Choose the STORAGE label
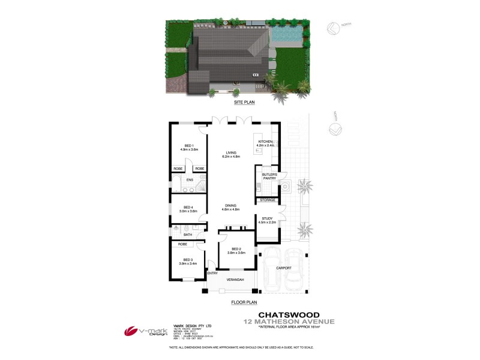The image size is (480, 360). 268,200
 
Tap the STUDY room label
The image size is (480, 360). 266,221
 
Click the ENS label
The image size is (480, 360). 190,180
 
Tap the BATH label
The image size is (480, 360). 188,235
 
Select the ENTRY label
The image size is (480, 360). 211,274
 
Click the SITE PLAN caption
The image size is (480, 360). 238,103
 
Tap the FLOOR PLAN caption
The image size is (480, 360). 244,303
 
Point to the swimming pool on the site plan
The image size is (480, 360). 286,36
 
